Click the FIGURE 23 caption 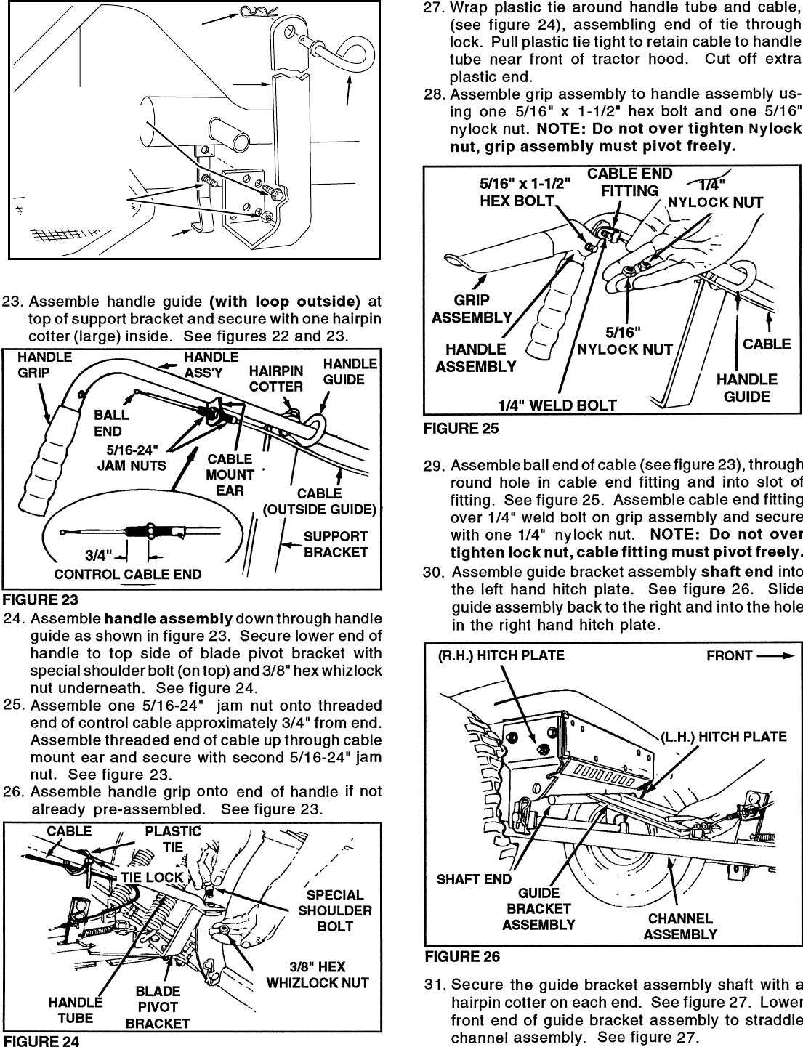coord(41,599)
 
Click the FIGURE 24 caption coord(41,1040)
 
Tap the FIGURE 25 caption coord(461,429)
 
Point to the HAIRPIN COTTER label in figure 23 coord(275,379)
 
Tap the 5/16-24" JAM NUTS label coord(132,458)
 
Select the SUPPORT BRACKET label coord(335,544)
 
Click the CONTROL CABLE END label coord(128,575)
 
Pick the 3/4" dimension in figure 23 coord(97,556)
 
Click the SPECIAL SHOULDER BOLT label coord(334,910)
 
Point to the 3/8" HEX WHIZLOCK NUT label coord(318,975)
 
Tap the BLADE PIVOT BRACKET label coord(157,1007)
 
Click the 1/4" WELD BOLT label coord(557,405)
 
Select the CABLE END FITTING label coord(629,182)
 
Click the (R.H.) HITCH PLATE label coord(501,655)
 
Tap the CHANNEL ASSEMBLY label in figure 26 coord(680,926)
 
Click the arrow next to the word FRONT coord(774,655)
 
